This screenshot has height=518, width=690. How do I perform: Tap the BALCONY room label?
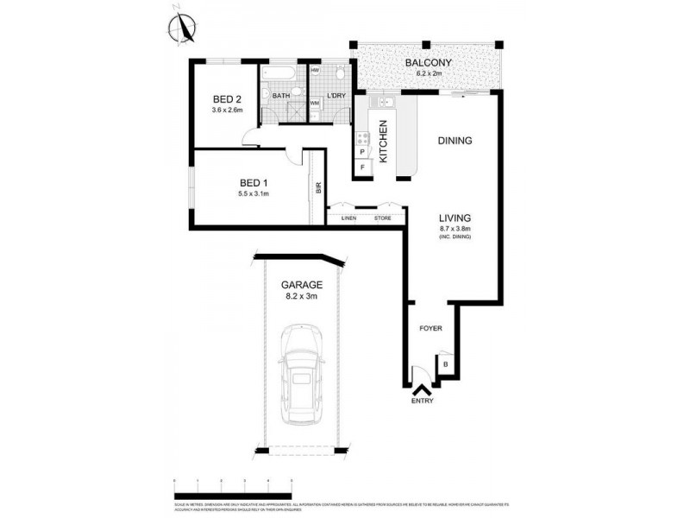[x=424, y=63]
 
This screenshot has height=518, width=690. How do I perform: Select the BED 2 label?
[x=227, y=99]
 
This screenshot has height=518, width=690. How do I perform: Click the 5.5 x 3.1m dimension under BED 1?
[x=254, y=194]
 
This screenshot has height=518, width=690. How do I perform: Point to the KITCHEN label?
[x=383, y=142]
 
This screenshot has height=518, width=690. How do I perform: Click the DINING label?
[x=455, y=140]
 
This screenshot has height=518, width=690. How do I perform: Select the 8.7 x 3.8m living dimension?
[x=455, y=228]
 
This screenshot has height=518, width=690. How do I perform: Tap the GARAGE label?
[x=301, y=284]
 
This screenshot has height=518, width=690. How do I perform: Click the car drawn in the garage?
[x=300, y=373]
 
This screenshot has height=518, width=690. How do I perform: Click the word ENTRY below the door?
[x=423, y=401]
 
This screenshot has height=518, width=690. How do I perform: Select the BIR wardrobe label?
[x=318, y=187]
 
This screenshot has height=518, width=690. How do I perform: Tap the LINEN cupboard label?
[x=348, y=218]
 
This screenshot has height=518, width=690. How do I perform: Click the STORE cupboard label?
[x=381, y=218]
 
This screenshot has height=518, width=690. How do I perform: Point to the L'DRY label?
[x=336, y=96]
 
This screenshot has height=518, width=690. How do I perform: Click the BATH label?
[x=280, y=96]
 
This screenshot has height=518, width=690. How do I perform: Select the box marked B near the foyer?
[x=445, y=366]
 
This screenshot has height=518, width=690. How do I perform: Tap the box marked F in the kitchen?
[x=362, y=166]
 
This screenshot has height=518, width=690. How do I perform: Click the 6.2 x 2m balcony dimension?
[x=424, y=74]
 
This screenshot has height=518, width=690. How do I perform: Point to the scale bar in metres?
[x=233, y=480]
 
